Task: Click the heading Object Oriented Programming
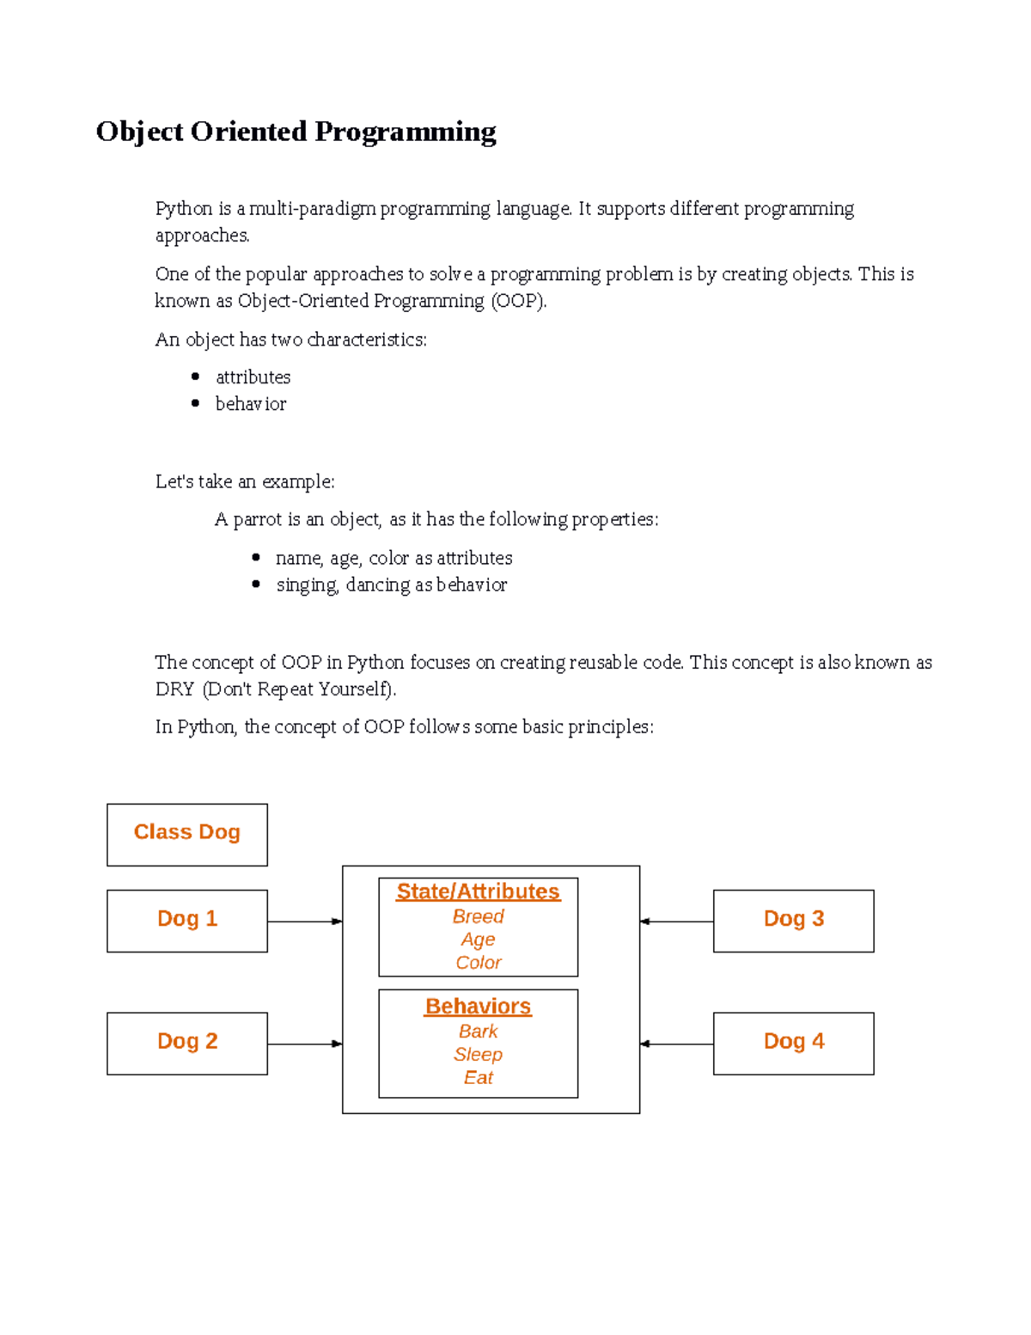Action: click(x=296, y=132)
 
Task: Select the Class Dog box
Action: click(x=187, y=833)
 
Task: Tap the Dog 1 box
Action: click(x=187, y=920)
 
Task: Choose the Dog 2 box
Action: click(x=187, y=1042)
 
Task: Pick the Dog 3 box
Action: click(x=793, y=920)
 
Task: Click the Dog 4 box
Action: click(x=793, y=1042)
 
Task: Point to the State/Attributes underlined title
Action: click(x=478, y=891)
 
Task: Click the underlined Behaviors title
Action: click(x=478, y=1006)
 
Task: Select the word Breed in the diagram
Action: click(x=478, y=916)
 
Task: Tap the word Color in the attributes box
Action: click(x=478, y=963)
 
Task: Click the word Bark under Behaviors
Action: click(x=478, y=1031)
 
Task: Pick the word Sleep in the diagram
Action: click(x=478, y=1054)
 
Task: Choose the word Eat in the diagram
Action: click(x=478, y=1077)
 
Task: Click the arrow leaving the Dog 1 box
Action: click(x=305, y=922)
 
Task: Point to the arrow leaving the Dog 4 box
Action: click(x=677, y=1044)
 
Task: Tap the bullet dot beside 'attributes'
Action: click(x=196, y=377)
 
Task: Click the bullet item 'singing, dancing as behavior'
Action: click(x=391, y=585)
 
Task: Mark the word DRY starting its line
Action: click(x=174, y=689)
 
